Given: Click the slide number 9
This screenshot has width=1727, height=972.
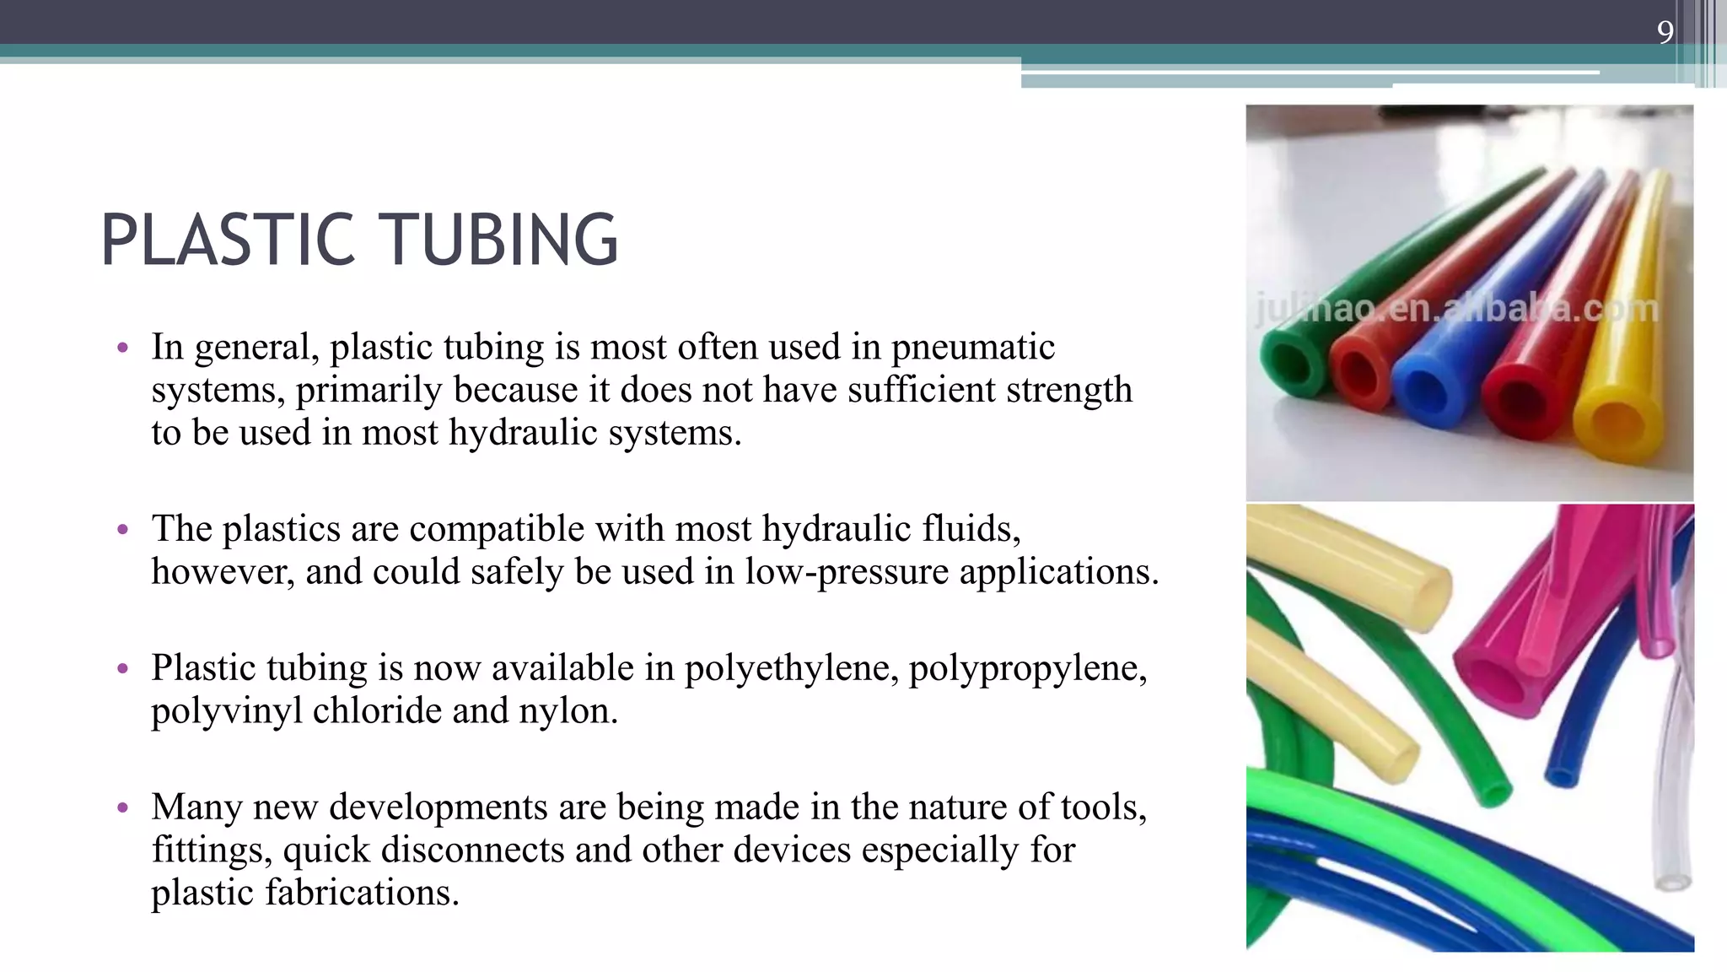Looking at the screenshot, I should tap(1665, 32).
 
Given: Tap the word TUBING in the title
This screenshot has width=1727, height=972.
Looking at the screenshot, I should tap(503, 240).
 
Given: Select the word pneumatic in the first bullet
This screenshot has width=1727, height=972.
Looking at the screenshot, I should tap(973, 348).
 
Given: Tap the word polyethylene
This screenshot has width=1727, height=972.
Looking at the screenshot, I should tap(791, 668).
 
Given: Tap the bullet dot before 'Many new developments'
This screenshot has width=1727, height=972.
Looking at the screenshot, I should tap(123, 808).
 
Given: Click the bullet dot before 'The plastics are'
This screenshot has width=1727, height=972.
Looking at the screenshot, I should tap(123, 530).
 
